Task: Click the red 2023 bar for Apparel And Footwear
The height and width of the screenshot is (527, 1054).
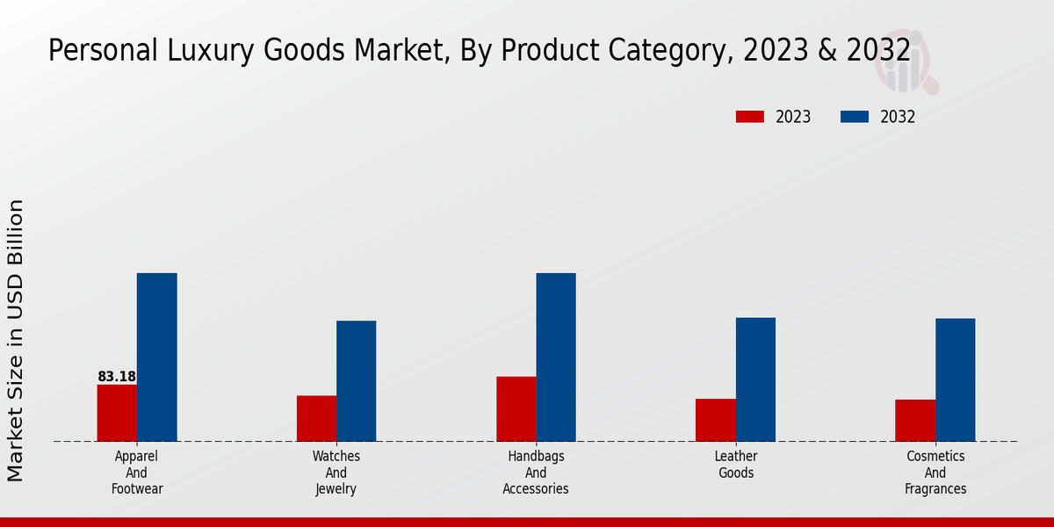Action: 117,413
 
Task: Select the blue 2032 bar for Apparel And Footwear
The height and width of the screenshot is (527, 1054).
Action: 156,357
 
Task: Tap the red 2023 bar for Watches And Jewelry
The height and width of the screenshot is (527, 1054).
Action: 316,418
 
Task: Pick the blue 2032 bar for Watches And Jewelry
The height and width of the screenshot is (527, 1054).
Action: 356,381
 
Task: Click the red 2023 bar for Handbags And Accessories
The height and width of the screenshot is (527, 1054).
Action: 516,408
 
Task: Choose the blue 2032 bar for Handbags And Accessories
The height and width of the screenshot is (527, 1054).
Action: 556,357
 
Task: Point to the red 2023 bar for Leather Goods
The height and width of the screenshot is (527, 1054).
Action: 715,420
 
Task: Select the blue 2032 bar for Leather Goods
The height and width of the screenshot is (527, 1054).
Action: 755,379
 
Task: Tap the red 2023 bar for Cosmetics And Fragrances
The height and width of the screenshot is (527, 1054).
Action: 915,420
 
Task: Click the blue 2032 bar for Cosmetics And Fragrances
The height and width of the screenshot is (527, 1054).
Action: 955,379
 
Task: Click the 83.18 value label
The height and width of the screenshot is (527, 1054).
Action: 117,377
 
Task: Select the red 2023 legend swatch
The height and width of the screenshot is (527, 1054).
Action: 749,117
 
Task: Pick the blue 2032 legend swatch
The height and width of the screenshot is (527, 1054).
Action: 855,117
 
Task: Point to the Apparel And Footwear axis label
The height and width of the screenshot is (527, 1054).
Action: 137,473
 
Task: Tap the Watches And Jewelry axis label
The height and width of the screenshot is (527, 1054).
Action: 336,473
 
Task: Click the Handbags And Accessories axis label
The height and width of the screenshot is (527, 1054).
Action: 536,473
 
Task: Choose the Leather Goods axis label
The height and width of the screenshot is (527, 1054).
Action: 736,465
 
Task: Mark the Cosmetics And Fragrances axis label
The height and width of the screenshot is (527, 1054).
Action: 935,473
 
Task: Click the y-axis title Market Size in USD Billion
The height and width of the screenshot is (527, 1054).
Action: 16,341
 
